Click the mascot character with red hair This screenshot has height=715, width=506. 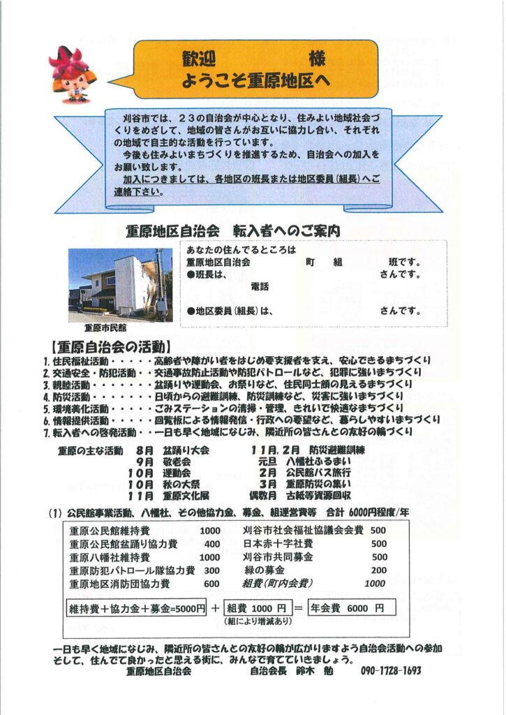tap(73, 73)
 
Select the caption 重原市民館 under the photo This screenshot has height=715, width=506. tap(105, 326)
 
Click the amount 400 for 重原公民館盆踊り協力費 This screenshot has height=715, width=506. tap(212, 544)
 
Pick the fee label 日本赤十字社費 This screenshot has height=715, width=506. tap(278, 544)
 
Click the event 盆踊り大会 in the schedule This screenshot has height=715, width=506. tap(186, 451)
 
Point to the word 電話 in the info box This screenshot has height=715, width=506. tap(259, 287)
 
